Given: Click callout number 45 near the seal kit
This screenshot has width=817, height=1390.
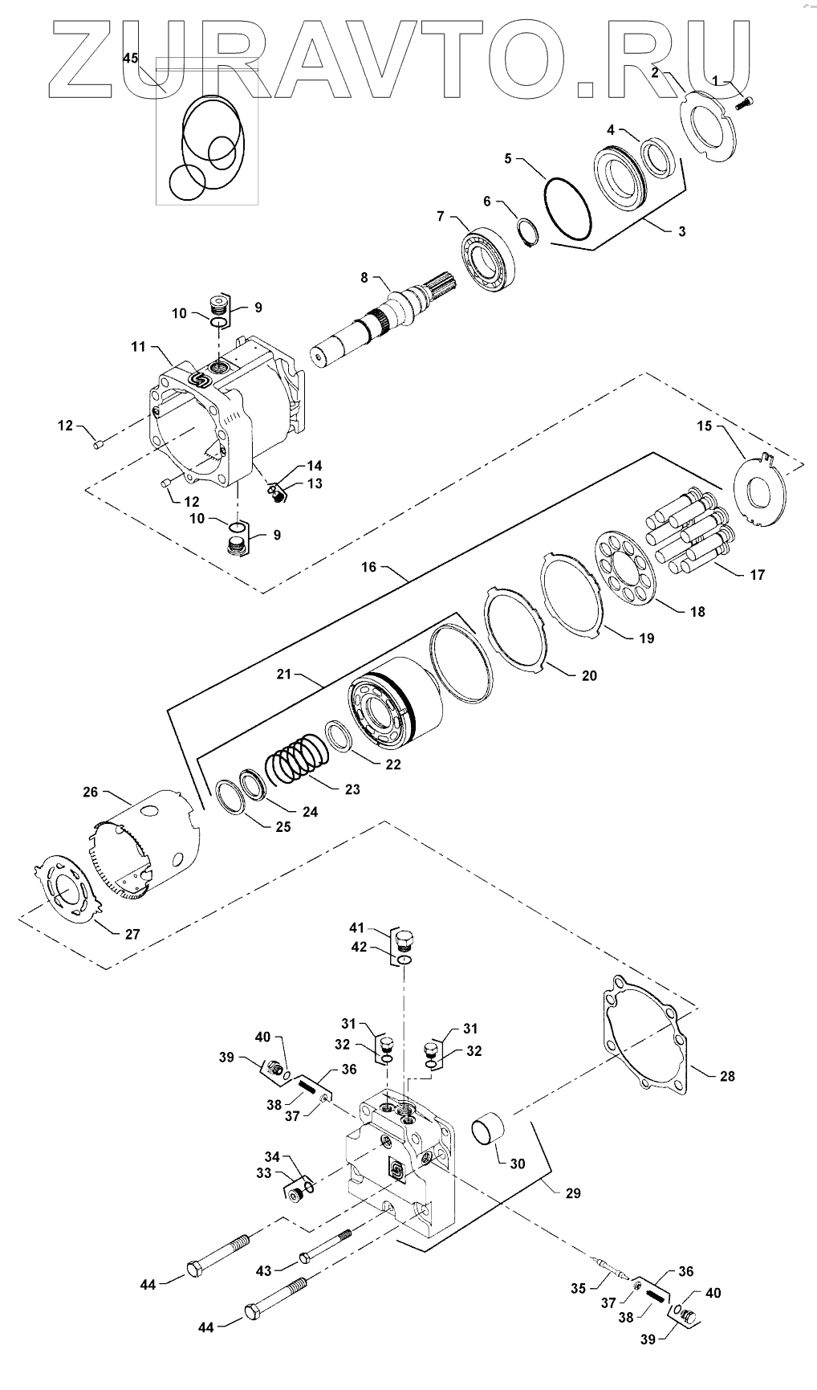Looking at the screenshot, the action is (x=131, y=58).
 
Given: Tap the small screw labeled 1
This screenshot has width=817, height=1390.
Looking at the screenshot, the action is (x=746, y=103).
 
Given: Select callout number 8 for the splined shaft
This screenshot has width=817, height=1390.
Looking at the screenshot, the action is (x=364, y=278).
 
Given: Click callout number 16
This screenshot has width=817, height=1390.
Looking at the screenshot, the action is (x=368, y=567).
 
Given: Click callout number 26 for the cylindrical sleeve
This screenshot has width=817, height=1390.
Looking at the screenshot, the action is (x=90, y=792).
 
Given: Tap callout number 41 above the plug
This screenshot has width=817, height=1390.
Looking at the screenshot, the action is (x=357, y=927).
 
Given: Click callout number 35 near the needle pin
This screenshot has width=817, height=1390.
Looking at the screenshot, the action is (x=579, y=1289).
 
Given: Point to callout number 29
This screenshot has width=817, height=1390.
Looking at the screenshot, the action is (x=572, y=1193).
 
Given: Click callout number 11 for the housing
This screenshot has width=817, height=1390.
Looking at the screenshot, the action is (x=138, y=347).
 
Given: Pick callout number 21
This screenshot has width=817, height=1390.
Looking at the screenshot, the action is (x=283, y=675).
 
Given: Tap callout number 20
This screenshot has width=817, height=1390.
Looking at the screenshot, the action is (x=589, y=676).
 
